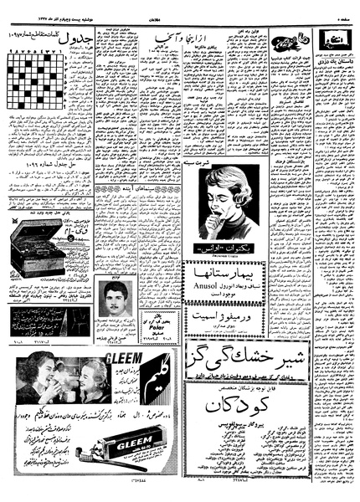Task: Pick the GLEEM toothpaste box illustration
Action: click(x=124, y=442)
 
